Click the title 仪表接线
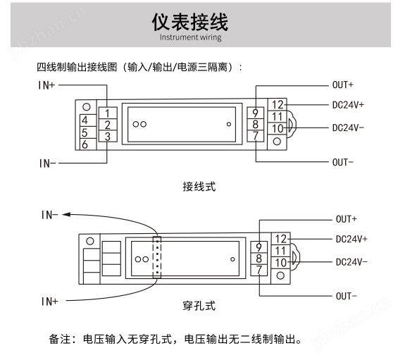coord(190,22)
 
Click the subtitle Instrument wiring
coord(190,37)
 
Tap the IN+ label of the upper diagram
coord(46,85)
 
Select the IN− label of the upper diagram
coord(47,163)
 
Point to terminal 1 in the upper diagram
coord(108,113)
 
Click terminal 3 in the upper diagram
coord(108,137)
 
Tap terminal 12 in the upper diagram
coord(277,104)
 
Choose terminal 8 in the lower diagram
coord(259,259)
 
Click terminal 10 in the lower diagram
coord(280,263)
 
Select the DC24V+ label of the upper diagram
coord(348,105)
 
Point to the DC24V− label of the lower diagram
coord(352,262)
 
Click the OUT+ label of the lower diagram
coord(346,219)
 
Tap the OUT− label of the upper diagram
coord(342,162)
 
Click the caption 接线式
coord(199,187)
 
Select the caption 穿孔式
coord(199,306)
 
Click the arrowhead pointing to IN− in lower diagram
coord(66,215)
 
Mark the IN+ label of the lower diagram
coord(49,302)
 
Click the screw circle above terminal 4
coord(87,107)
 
